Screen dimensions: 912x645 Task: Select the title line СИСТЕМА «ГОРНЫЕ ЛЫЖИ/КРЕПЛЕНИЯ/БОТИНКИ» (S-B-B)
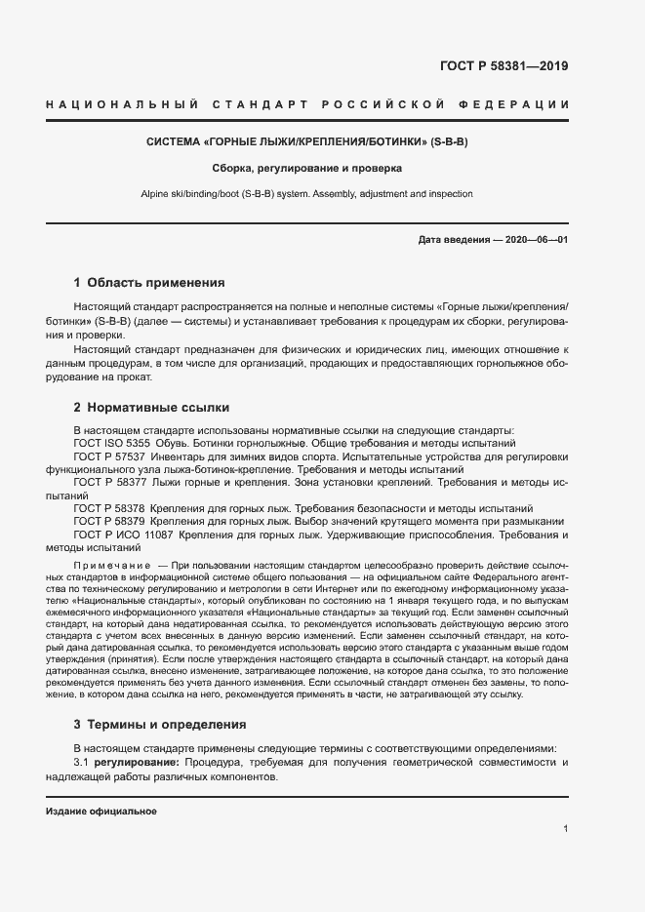pos(307,141)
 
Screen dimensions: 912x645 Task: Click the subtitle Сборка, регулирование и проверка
pos(307,168)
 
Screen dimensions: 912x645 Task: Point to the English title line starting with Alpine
pos(307,194)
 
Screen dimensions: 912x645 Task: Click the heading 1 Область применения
pos(149,284)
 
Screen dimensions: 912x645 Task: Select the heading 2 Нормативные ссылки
pos(152,407)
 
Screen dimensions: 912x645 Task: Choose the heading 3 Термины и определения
pos(160,725)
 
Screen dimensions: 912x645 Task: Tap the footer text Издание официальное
pos(101,812)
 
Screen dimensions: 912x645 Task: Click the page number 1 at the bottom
pos(566,829)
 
